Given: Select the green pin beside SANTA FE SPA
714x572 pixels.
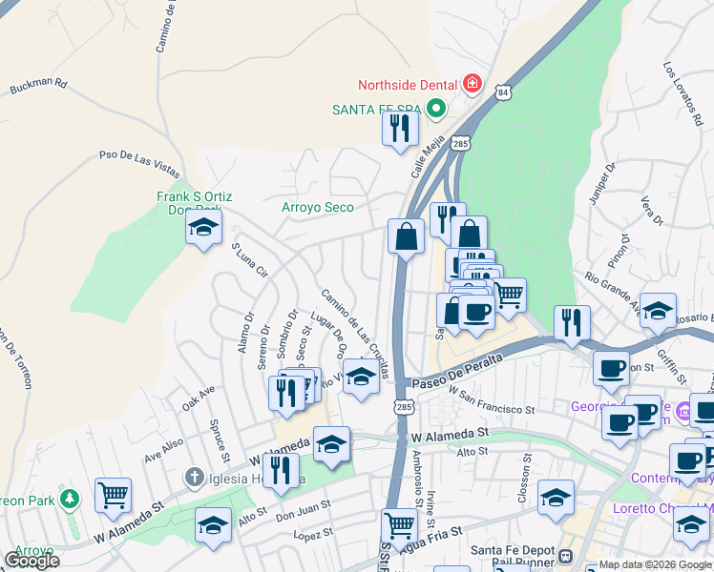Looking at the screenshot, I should pyautogui.click(x=436, y=109).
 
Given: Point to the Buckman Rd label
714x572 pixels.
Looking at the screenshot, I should pyautogui.click(x=38, y=87).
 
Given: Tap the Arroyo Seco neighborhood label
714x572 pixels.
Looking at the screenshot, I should pyautogui.click(x=318, y=207).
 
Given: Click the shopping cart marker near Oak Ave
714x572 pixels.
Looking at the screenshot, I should pyautogui.click(x=113, y=495).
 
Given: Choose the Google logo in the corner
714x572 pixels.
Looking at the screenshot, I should pyautogui.click(x=31, y=561).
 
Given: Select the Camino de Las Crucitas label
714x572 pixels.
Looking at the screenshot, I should pyautogui.click(x=354, y=333).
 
